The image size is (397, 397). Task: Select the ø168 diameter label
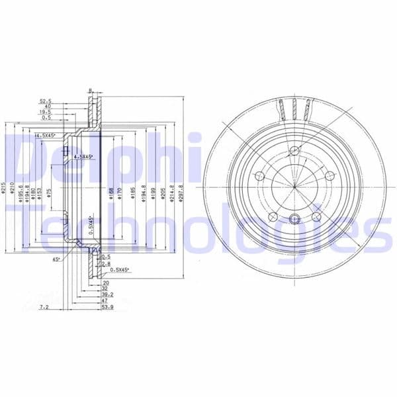(110, 192)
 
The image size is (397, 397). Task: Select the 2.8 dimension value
(106, 263)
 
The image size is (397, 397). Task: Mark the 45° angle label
(57, 260)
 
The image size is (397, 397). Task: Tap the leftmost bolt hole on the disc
(259, 177)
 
